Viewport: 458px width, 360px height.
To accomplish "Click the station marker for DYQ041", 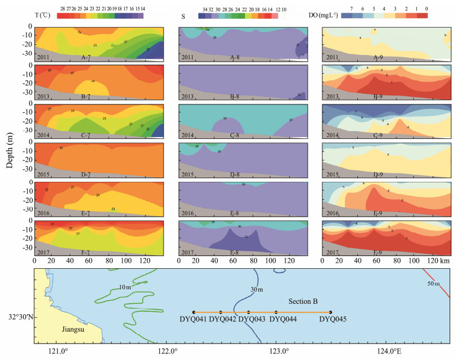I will pos(193,312).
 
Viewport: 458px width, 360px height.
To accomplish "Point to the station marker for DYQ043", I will pos(249,312).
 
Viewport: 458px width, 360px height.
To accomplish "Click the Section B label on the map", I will pos(301,301).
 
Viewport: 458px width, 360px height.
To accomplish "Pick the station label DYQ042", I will pos(222,320).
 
